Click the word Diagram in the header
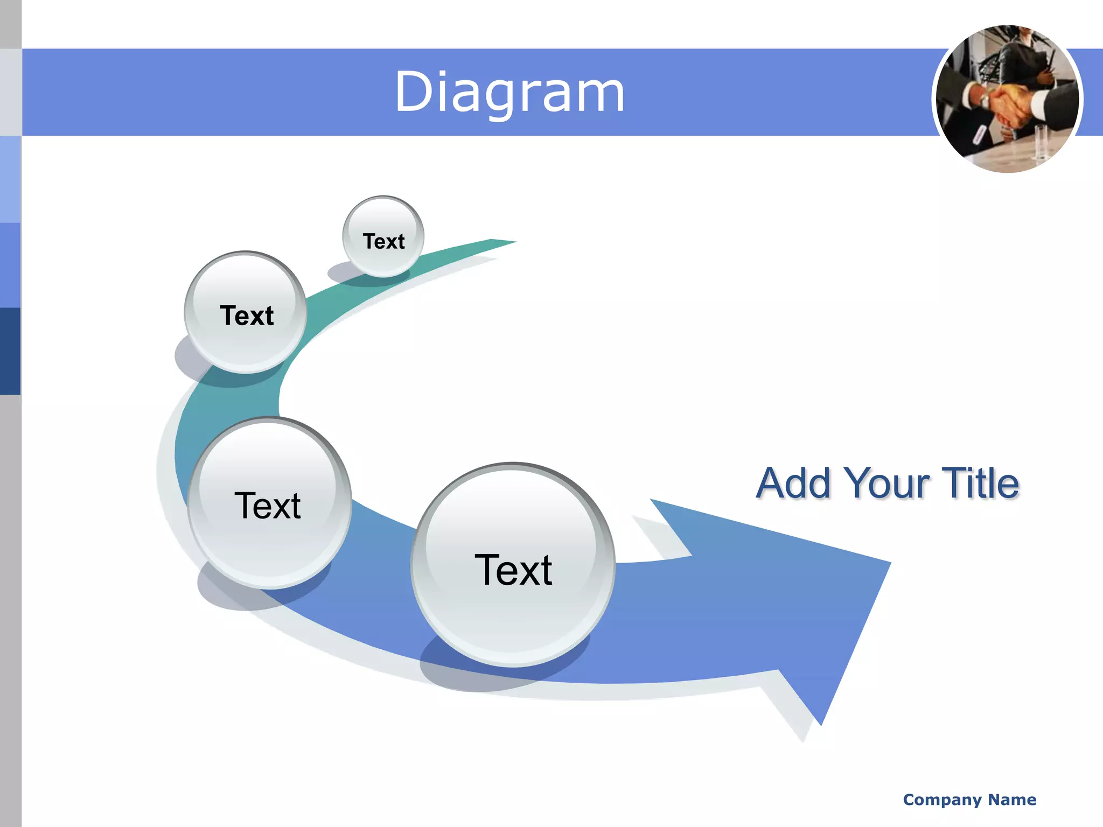(x=509, y=93)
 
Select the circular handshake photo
(x=1007, y=99)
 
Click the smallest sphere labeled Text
(x=383, y=237)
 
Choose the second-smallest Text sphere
(x=246, y=313)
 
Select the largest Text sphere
(x=513, y=565)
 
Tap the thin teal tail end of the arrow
(x=504, y=242)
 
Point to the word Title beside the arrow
(x=980, y=483)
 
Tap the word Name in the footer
(x=1012, y=800)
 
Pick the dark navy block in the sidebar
(x=10, y=351)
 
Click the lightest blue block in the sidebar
(x=10, y=179)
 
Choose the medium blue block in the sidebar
(x=10, y=265)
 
